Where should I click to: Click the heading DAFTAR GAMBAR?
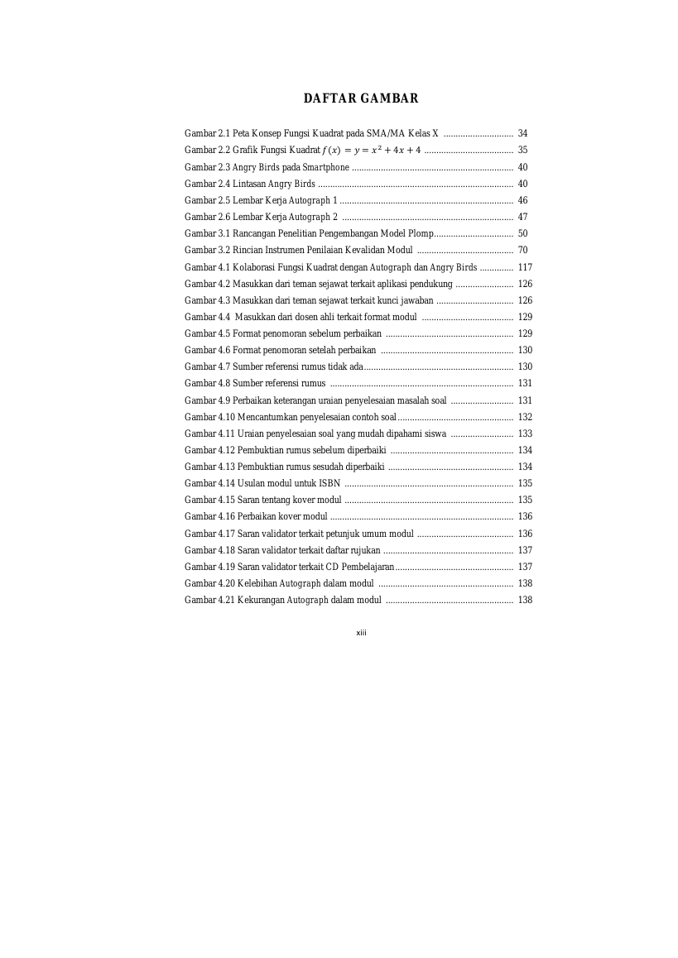[361, 98]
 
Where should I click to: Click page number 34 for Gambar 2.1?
[522, 133]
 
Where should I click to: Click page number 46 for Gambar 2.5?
[522, 200]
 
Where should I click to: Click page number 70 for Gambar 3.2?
[522, 250]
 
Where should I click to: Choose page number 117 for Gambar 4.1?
[525, 267]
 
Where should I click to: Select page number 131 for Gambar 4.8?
[525, 383]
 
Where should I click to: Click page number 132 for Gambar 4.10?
[525, 417]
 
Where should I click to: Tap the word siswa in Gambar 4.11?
[435, 433]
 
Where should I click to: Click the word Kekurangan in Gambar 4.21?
[257, 600]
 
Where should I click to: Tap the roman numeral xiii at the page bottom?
[361, 633]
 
